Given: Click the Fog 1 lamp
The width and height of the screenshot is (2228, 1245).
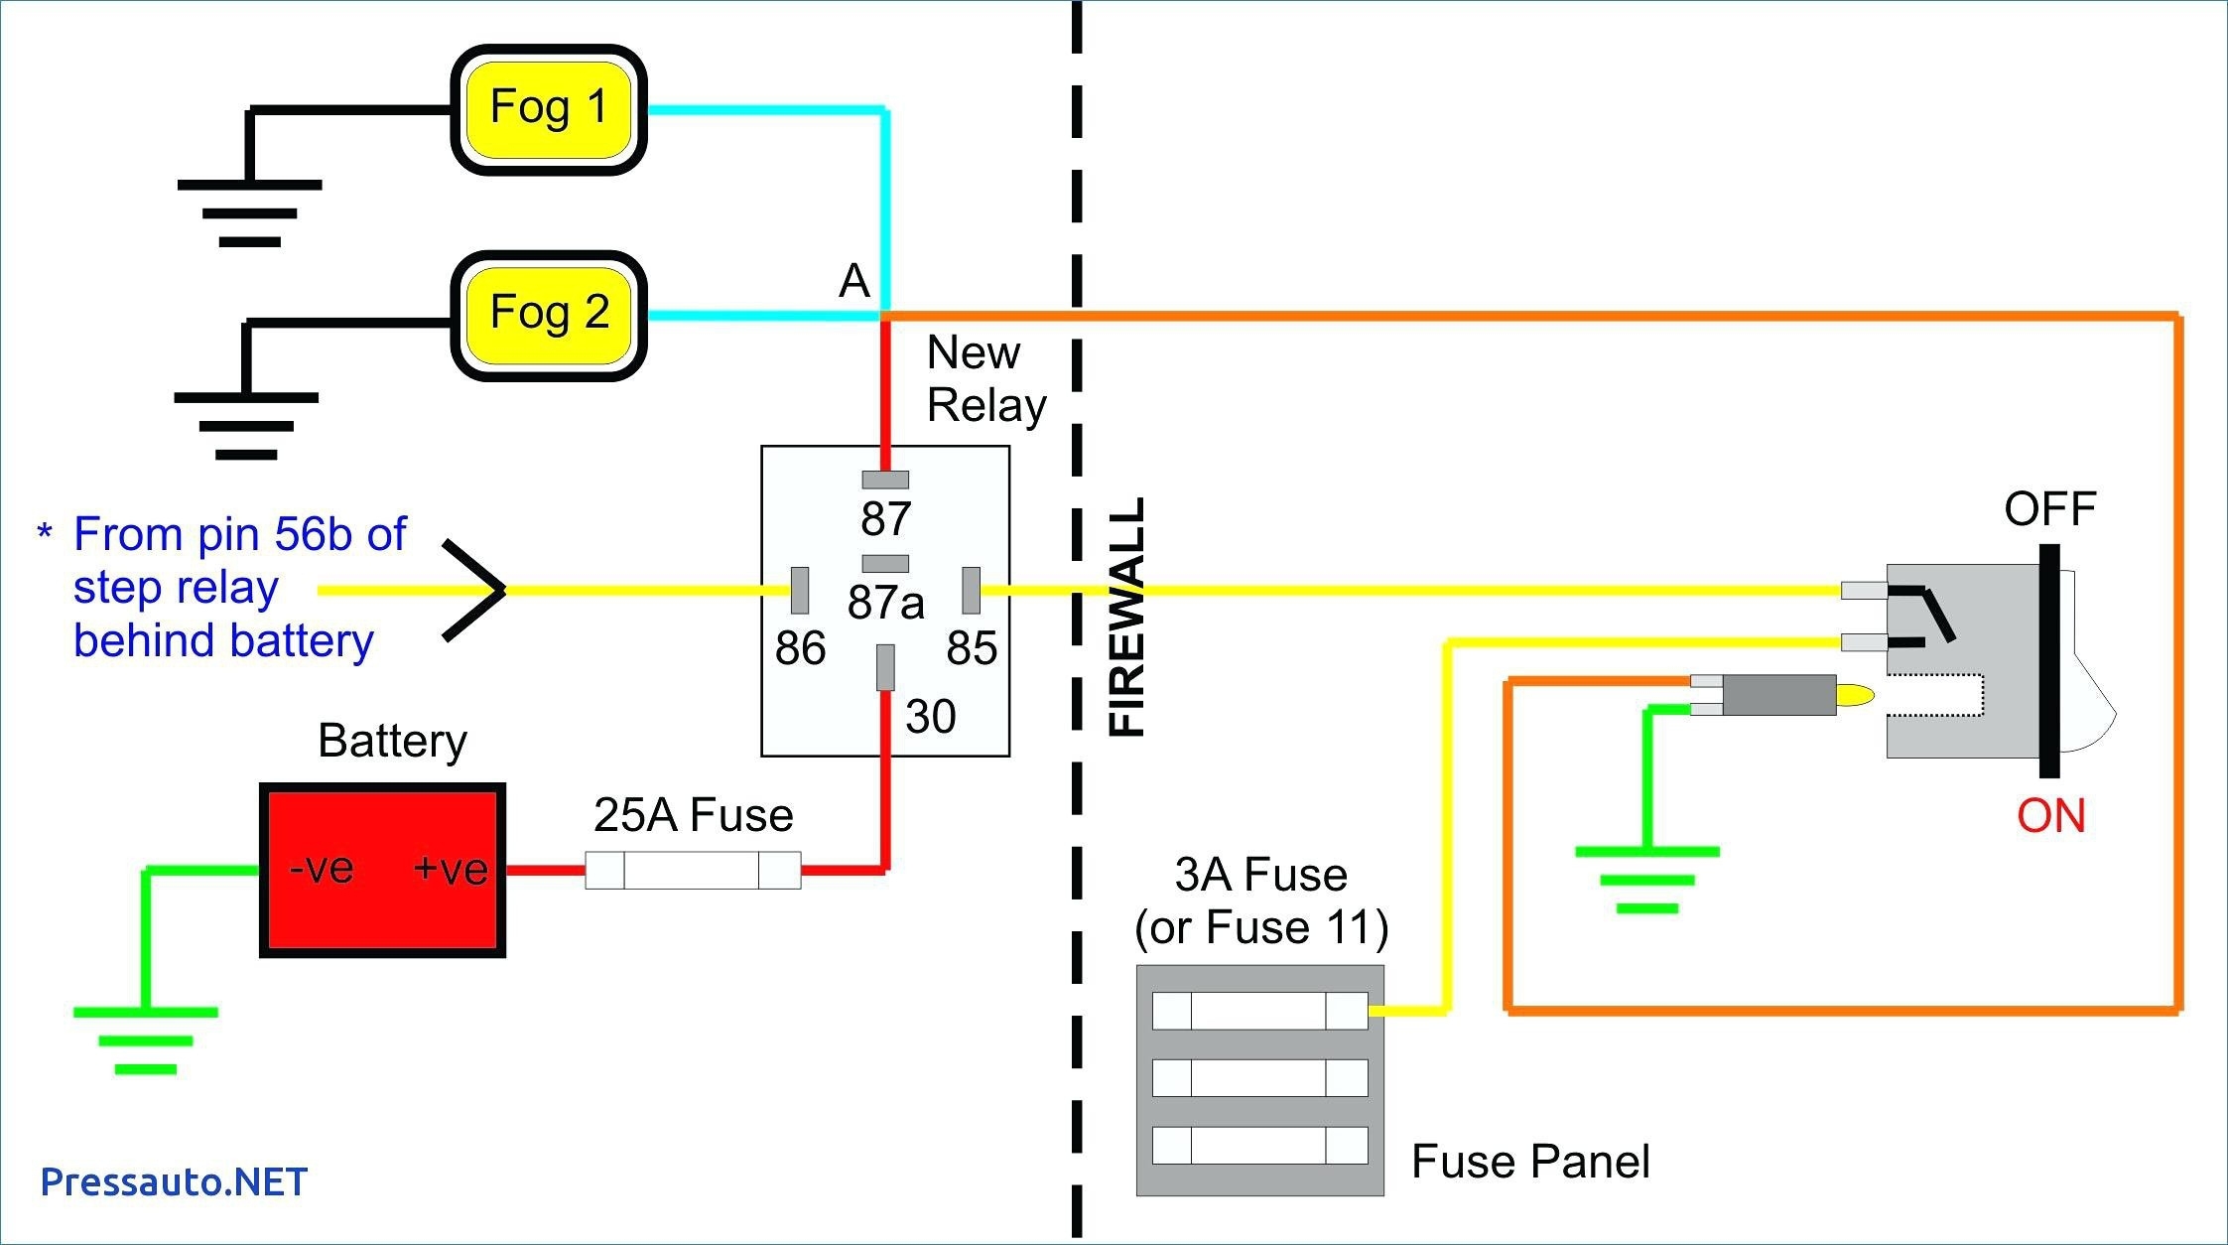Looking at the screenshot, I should (x=549, y=109).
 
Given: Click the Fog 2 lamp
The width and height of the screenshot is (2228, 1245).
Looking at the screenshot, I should (x=549, y=315).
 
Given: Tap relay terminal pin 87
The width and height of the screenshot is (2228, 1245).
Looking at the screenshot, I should (x=884, y=480).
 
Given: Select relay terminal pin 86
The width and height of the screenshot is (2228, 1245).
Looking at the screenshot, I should (x=799, y=590).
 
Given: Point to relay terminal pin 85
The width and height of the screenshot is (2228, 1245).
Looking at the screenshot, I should (x=971, y=590).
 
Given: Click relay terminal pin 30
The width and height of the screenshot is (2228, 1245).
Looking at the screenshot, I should (x=885, y=666).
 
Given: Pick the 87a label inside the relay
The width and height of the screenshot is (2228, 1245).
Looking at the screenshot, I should (x=885, y=602).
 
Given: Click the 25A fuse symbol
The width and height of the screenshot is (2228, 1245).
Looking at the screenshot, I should (x=693, y=870).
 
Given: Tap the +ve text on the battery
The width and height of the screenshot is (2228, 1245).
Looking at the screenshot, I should (x=451, y=869).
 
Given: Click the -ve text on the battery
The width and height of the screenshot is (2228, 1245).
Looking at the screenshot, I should (x=322, y=868).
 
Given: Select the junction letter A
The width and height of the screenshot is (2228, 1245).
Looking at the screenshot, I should (x=853, y=281).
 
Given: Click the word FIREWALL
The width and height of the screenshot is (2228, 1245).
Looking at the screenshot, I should (x=1127, y=617).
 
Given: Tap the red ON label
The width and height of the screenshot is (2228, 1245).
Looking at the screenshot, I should (x=2050, y=816).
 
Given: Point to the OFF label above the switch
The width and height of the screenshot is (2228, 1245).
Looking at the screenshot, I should (x=2049, y=509).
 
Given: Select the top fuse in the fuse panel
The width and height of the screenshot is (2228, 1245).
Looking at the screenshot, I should (x=1259, y=1011).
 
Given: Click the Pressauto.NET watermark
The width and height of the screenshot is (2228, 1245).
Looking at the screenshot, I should (x=174, y=1181).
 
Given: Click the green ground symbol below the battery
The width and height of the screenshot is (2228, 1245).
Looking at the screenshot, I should (x=145, y=1038).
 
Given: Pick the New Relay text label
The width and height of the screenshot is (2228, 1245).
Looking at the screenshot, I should (x=984, y=379).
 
